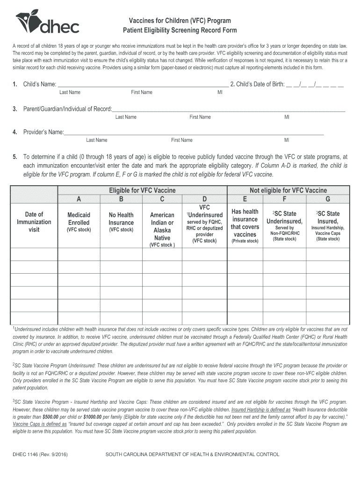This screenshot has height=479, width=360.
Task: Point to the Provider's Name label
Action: tap(43, 132)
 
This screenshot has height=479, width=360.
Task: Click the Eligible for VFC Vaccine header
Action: tap(142, 190)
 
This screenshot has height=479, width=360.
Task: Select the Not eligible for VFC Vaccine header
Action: tap(288, 190)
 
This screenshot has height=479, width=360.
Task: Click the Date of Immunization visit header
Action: tap(34, 222)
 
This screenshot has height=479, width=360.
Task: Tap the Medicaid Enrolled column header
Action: tap(79, 219)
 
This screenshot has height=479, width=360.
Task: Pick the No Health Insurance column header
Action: tap(121, 219)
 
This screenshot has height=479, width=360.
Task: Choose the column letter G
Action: tap(328, 199)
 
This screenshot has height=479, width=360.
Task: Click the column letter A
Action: tap(79, 199)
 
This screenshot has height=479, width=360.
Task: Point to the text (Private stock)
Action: tap(245, 241)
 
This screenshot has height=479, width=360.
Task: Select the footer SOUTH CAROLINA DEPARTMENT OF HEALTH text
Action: tap(192, 454)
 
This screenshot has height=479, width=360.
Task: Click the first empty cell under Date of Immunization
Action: tap(34, 254)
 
